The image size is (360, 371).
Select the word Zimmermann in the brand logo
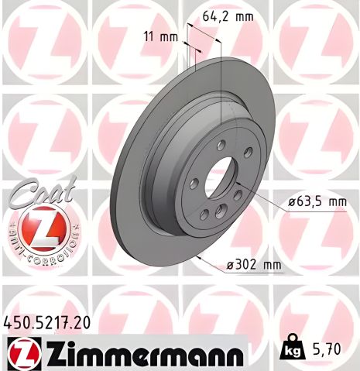147,352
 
